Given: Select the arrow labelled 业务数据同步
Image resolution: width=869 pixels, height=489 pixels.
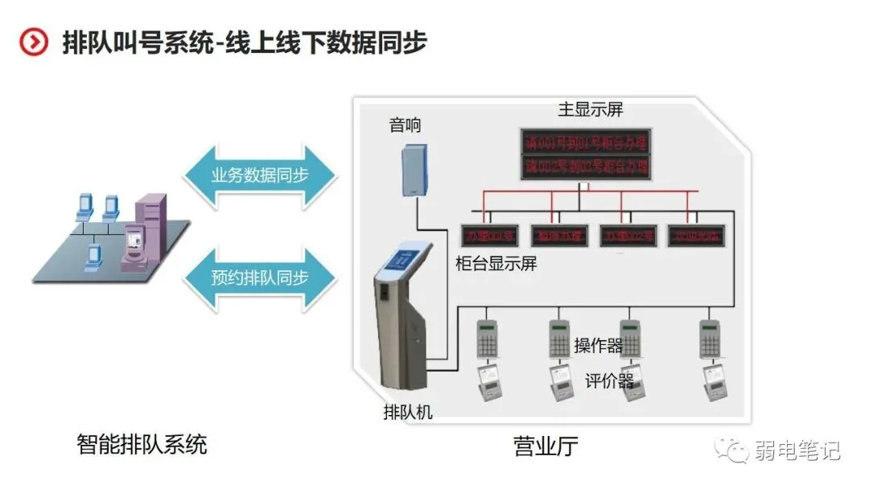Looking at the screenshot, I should (259, 175).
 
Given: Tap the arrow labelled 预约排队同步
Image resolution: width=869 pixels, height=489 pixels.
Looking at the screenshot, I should (259, 278).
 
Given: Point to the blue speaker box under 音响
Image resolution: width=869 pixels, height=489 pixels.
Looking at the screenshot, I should (414, 169).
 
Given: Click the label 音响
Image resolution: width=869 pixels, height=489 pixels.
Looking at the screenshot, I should (405, 125).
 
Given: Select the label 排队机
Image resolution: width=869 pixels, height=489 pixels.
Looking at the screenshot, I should (408, 413).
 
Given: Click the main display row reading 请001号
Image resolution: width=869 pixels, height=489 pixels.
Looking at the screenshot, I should (587, 143).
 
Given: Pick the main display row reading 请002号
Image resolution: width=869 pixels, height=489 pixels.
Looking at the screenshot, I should (587, 166).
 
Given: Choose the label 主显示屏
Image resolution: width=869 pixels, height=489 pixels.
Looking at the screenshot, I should (591, 109).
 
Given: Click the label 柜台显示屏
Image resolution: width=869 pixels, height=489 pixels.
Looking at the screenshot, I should (496, 263).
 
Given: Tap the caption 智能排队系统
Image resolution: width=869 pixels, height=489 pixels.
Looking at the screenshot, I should (142, 444).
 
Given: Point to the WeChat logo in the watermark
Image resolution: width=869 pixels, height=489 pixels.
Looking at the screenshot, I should (734, 450).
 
